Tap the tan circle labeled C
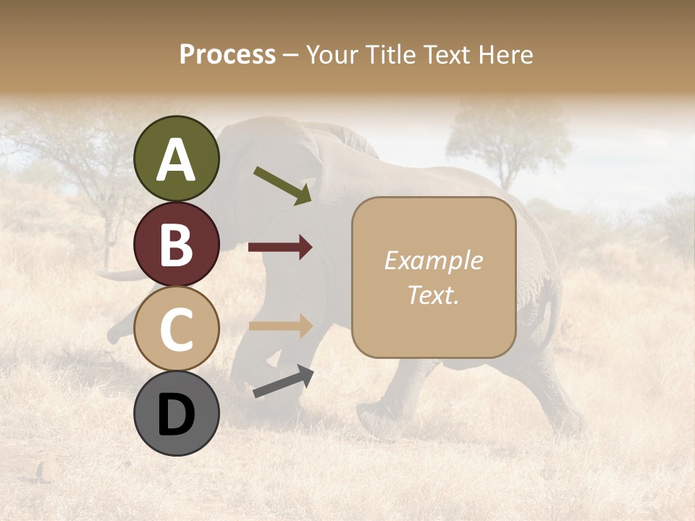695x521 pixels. tap(176, 329)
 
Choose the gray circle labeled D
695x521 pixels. tap(176, 413)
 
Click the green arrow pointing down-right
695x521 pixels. tap(283, 185)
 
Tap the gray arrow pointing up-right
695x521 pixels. tap(283, 381)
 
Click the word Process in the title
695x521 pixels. tap(227, 54)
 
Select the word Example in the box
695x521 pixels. tap(433, 260)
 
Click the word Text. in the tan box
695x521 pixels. tap(433, 295)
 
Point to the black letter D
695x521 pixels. tap(176, 415)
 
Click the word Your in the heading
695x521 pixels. tap(330, 54)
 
